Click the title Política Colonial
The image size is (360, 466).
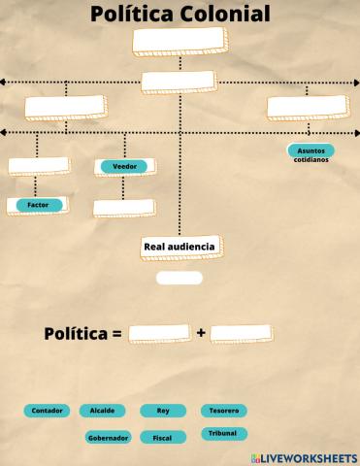coord(180,14)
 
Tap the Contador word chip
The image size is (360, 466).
coord(48,411)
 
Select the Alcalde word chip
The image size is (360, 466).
coord(102,411)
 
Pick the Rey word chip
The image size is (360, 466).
coord(162,411)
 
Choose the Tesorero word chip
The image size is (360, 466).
coord(223,411)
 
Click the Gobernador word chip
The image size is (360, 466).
coord(109,438)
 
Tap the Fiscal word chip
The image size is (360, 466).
coord(162,438)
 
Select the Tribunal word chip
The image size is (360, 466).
coord(222,433)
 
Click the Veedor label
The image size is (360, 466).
coord(125,167)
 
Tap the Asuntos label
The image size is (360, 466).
coord(311,150)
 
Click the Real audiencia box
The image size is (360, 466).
coord(180,248)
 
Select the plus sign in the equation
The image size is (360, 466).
coord(201,333)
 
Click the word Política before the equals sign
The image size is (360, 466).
coord(76,334)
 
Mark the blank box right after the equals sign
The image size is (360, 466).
coord(159,333)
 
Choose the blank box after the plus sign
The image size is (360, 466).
coord(240,333)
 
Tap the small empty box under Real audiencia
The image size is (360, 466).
coord(180,278)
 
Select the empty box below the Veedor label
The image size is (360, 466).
coord(123,207)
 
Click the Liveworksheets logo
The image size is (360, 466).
coord(304,457)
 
